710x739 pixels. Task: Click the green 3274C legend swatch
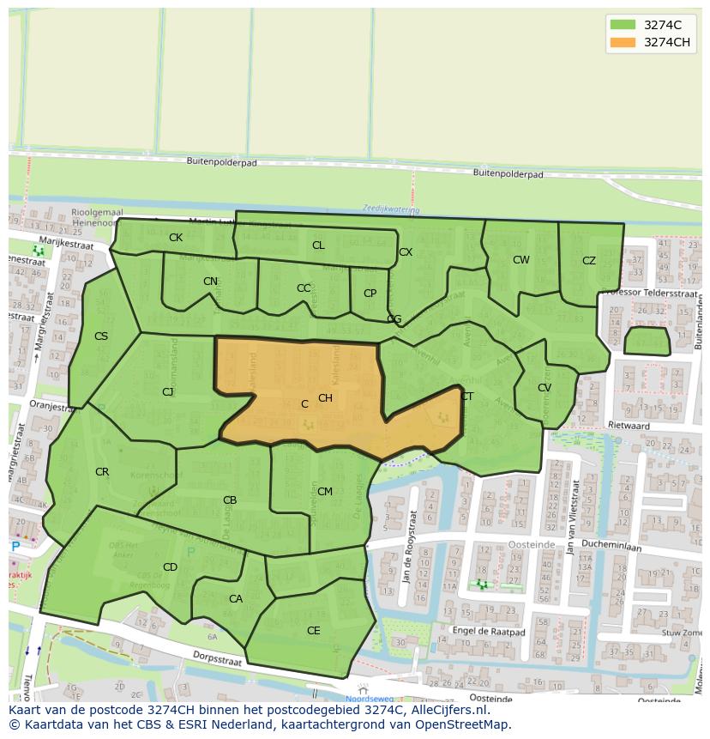pyautogui.click(x=623, y=25)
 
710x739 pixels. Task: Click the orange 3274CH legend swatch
pyautogui.click(x=623, y=42)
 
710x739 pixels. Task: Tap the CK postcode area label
pyautogui.click(x=175, y=238)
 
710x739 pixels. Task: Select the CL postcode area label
pyautogui.click(x=318, y=245)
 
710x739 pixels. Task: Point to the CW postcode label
pyautogui.click(x=521, y=260)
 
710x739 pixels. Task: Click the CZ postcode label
pyautogui.click(x=589, y=261)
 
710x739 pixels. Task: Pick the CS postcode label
pyautogui.click(x=101, y=336)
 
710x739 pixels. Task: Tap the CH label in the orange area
pyautogui.click(x=325, y=398)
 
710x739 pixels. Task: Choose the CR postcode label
pyautogui.click(x=102, y=472)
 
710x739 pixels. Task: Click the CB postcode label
pyautogui.click(x=230, y=500)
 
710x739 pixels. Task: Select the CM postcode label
pyautogui.click(x=325, y=492)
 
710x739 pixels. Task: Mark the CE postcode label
pyautogui.click(x=313, y=630)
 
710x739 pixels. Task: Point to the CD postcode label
pyautogui.click(x=170, y=567)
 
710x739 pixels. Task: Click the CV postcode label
pyautogui.click(x=545, y=388)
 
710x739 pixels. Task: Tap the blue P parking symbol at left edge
pyautogui.click(x=15, y=547)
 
